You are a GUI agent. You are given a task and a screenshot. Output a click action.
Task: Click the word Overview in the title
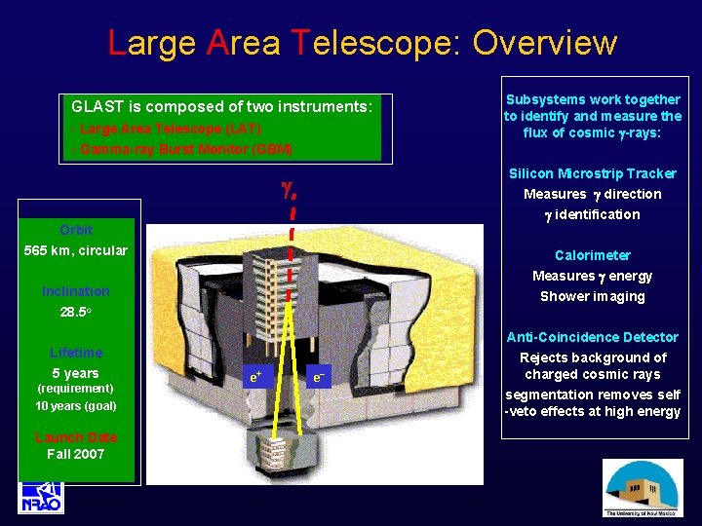coord(544,43)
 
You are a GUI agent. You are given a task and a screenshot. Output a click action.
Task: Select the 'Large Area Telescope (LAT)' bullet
coord(167,128)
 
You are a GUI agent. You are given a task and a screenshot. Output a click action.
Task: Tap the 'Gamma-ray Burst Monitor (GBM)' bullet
coord(181,149)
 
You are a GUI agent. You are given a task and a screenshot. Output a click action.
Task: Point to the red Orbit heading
coord(76,230)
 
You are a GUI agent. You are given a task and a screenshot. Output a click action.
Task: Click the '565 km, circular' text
coord(76,250)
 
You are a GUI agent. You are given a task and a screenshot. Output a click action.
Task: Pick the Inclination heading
coord(76,291)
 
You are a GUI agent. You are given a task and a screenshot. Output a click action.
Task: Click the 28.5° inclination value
coord(76,313)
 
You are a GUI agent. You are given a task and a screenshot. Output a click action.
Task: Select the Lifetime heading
coord(76,353)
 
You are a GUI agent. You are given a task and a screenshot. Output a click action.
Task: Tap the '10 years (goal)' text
coord(76,405)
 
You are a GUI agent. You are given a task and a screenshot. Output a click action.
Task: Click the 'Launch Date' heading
coord(76,437)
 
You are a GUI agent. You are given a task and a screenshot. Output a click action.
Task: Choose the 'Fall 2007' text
coord(76,454)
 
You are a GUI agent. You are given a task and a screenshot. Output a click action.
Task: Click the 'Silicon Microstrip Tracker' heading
coord(592,173)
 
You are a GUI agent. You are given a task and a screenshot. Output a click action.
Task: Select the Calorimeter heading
coord(592,255)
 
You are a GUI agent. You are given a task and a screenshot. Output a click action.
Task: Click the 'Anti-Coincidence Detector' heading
coord(592,337)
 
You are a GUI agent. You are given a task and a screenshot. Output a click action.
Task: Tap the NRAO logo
coord(41,496)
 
